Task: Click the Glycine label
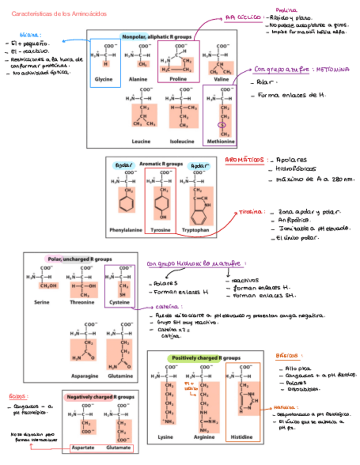tap(103, 80)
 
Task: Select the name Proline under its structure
tap(178, 80)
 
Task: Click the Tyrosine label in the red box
tap(160, 230)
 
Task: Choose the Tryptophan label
tap(195, 230)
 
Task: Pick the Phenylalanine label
tap(125, 230)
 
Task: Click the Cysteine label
tap(120, 302)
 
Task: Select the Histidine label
tap(242, 437)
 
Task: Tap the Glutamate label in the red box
tap(118, 448)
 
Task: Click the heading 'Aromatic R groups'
tap(161, 163)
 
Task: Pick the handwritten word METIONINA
tap(333, 70)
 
